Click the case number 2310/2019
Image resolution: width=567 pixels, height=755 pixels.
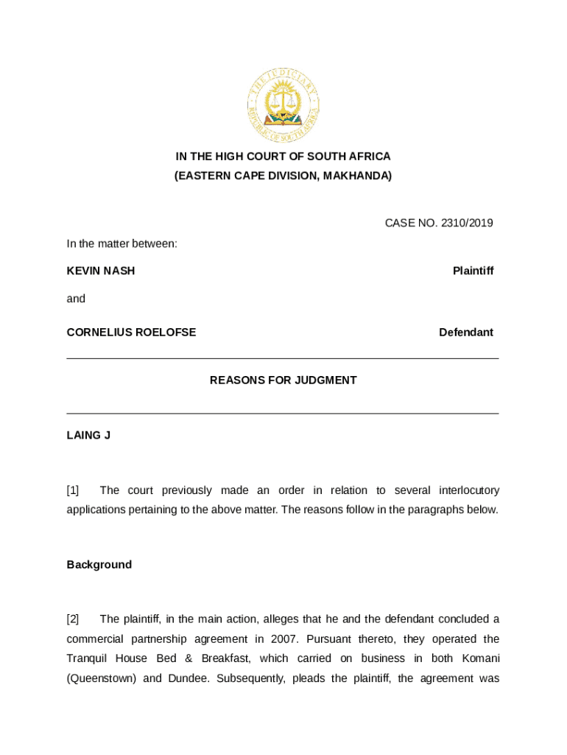[x=467, y=223]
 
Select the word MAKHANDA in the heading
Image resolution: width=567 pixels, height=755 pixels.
[x=356, y=175]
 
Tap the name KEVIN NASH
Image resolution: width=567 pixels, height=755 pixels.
[x=101, y=271]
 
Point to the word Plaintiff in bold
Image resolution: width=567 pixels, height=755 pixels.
[x=473, y=271]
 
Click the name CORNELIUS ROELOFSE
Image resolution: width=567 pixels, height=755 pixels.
[x=131, y=332]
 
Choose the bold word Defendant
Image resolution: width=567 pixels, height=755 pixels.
[x=466, y=332]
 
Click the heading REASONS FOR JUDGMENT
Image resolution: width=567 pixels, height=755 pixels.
[x=283, y=380]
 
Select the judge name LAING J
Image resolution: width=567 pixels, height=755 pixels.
[x=88, y=435]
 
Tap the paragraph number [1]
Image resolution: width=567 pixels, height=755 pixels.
[x=73, y=490]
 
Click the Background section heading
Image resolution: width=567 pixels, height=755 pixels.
[x=99, y=564]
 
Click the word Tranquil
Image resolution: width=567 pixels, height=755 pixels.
[x=86, y=658]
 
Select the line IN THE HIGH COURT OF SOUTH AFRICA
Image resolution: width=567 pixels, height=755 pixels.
[x=283, y=156]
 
